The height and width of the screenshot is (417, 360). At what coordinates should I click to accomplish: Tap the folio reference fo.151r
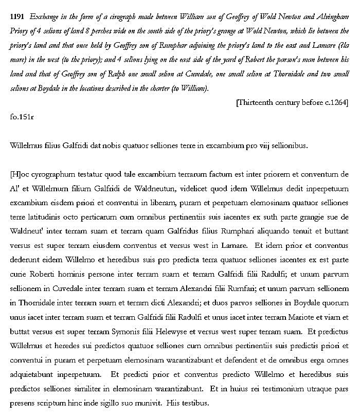point(22,117)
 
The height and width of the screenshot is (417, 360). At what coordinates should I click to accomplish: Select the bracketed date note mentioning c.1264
point(292,102)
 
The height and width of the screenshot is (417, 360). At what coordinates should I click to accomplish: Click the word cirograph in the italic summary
point(103,17)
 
